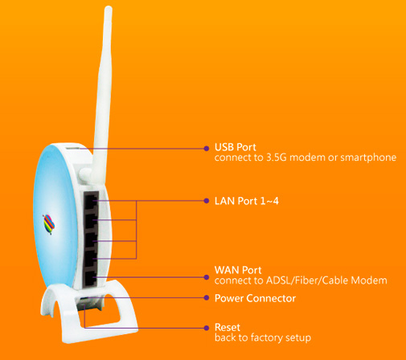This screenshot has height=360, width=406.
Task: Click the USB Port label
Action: click(x=236, y=147)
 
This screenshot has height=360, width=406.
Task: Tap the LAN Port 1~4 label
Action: click(x=247, y=201)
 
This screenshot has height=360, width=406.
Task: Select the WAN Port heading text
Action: click(x=238, y=270)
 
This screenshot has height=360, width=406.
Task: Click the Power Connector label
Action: click(x=255, y=298)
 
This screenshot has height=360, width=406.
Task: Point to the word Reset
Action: click(x=228, y=327)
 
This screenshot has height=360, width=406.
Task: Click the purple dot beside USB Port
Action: click(x=207, y=149)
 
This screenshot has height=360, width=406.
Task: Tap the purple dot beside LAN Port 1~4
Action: click(x=207, y=201)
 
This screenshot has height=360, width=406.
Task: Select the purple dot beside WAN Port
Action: click(x=207, y=277)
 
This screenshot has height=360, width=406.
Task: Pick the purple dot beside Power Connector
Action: click(x=207, y=297)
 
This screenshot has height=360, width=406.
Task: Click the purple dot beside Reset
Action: click(x=207, y=328)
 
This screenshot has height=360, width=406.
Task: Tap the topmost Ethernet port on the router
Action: click(x=92, y=201)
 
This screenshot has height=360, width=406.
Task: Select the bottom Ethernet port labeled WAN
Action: click(x=90, y=278)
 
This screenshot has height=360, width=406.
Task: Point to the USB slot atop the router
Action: click(x=72, y=147)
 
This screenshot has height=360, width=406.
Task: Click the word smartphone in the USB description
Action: click(x=368, y=157)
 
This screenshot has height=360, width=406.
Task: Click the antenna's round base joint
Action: click(x=86, y=175)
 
